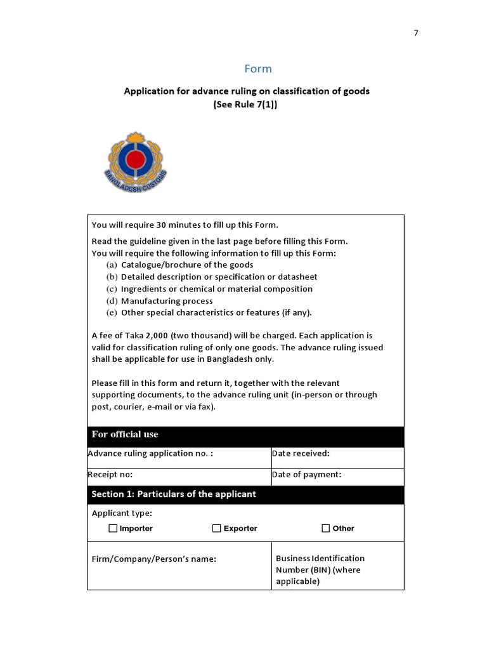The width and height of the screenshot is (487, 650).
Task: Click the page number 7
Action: tap(416, 33)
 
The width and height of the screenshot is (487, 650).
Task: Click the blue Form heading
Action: tap(258, 69)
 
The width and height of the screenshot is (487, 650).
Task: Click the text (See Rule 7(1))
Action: tap(245, 105)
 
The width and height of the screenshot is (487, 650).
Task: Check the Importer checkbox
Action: tap(113, 528)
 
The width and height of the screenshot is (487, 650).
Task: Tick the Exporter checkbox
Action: tap(217, 528)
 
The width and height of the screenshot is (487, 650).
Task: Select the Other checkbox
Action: tap(326, 528)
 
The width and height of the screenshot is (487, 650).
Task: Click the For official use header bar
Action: tap(245, 435)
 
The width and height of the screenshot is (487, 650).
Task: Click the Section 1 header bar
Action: tap(245, 494)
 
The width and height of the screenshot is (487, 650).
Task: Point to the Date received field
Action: tap(337, 458)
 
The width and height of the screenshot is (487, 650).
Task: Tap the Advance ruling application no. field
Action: tap(179, 458)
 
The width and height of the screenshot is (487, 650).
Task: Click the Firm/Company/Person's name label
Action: tap(154, 559)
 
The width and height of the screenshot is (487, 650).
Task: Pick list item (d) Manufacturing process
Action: tap(166, 301)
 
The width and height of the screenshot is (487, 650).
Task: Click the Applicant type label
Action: tap(122, 513)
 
